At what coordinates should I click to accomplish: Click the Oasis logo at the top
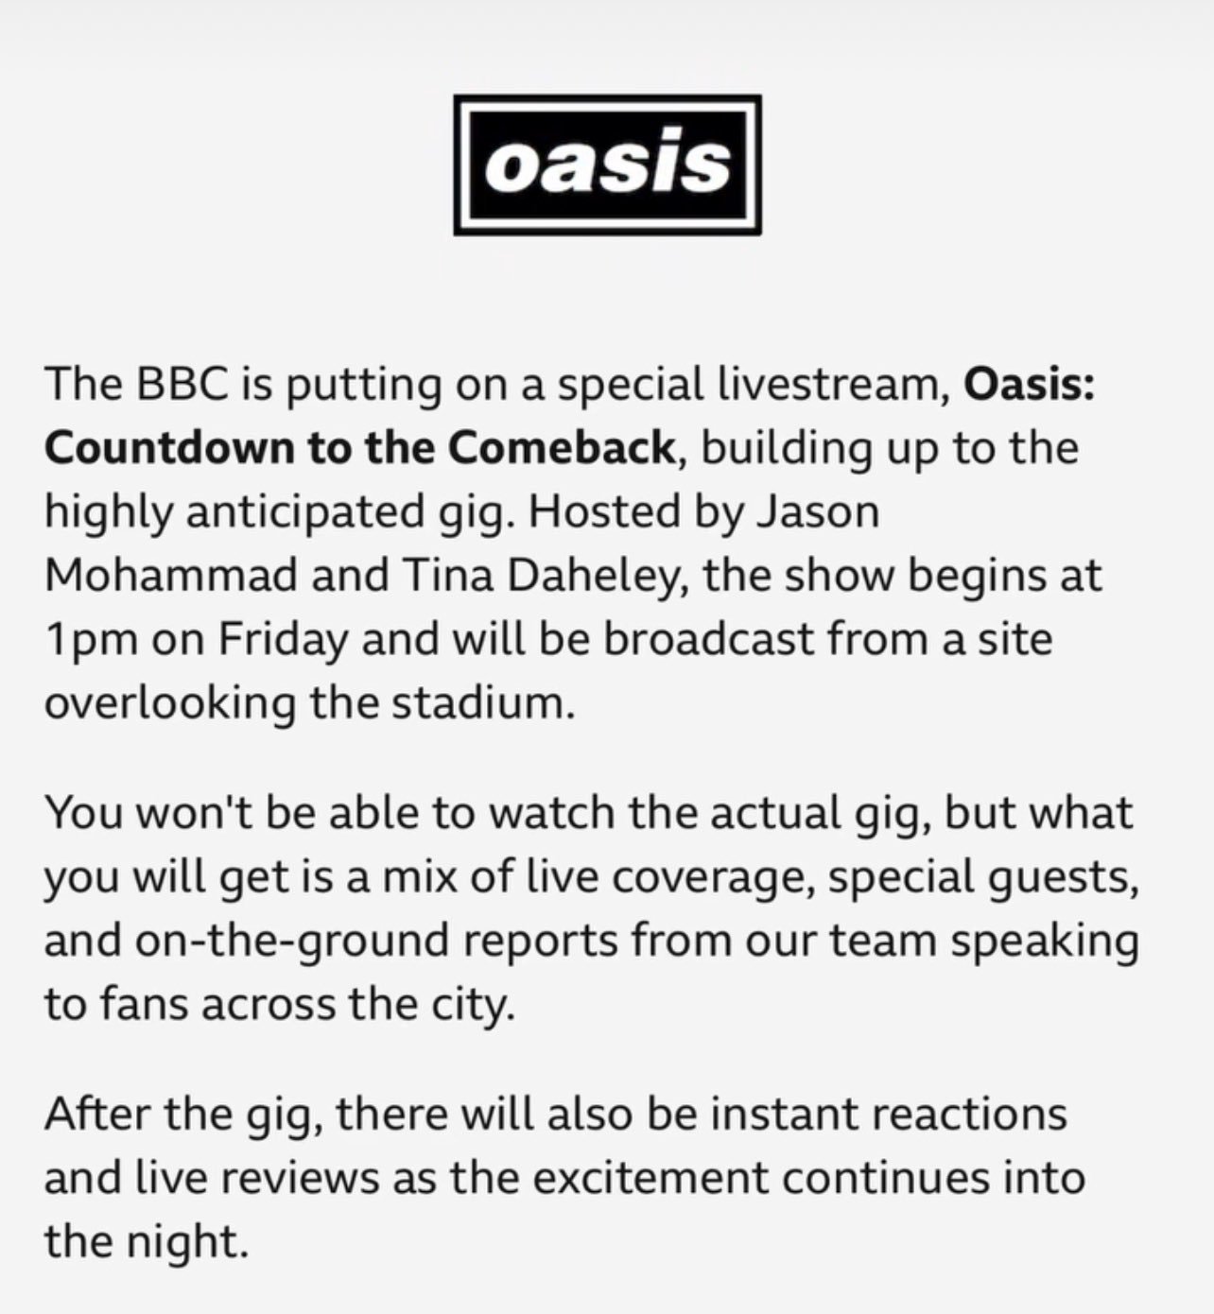[x=607, y=164]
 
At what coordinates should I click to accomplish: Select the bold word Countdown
[x=169, y=448]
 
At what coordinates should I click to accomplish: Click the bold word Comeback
[x=560, y=448]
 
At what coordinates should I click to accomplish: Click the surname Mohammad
[x=171, y=576]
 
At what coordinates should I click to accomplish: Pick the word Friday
[x=282, y=641]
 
